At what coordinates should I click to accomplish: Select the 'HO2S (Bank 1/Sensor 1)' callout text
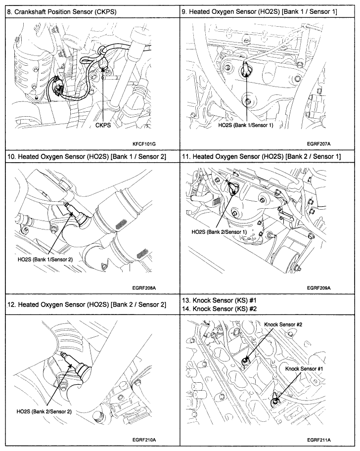coord(246,126)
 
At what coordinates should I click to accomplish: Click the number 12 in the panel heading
coord(11,304)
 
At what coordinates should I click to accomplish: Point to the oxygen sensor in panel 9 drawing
coord(245,72)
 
